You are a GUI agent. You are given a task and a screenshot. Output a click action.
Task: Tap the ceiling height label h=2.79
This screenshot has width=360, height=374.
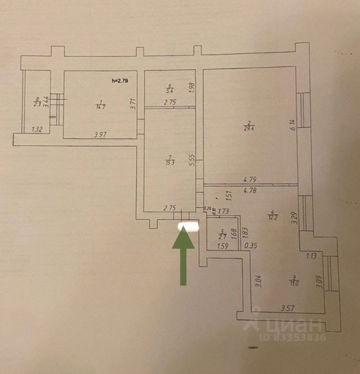pyautogui.click(x=120, y=81)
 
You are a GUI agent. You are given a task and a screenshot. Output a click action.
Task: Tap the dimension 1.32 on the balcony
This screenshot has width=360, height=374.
pyautogui.click(x=37, y=130)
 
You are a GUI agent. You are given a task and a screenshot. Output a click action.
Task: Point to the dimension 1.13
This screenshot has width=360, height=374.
pyautogui.click(x=311, y=256)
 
